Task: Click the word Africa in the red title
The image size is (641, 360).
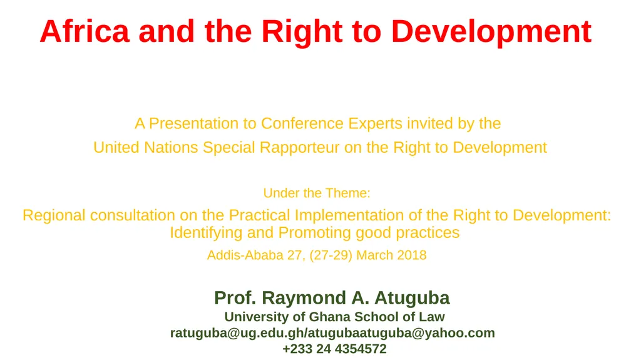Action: point(84,31)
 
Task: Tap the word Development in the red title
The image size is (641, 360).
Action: point(491,31)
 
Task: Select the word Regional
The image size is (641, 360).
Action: point(54,215)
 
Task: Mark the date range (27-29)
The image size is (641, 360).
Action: point(331,255)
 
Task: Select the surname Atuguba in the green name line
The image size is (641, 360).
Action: point(412,297)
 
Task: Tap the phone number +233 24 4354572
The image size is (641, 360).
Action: point(334,349)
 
